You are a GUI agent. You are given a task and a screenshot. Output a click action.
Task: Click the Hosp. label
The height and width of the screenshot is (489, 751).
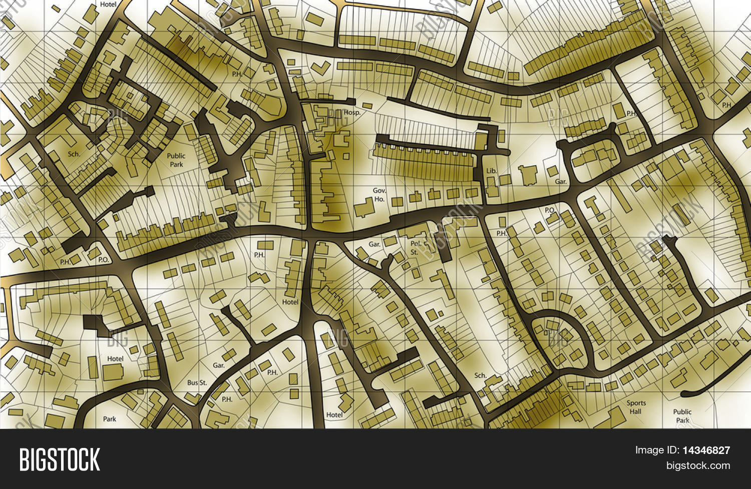click(x=352, y=113)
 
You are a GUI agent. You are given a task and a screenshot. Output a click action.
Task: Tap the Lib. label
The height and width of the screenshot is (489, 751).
click(x=491, y=171)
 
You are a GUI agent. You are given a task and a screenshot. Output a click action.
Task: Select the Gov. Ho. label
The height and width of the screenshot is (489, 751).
click(x=379, y=195)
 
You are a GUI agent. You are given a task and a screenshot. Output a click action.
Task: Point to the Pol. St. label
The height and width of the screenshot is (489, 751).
click(x=416, y=248)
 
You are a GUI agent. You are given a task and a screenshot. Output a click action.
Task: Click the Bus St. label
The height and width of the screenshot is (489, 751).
click(x=197, y=382)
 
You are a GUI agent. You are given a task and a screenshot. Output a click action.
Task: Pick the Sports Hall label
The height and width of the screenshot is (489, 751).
click(x=636, y=407)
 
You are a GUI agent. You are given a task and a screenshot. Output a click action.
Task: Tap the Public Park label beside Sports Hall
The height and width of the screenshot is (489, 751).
click(x=682, y=416)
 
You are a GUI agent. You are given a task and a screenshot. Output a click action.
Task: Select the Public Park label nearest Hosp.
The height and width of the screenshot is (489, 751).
click(x=176, y=160)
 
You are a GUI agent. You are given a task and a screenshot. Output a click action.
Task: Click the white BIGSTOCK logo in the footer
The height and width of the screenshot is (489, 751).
click(x=60, y=459)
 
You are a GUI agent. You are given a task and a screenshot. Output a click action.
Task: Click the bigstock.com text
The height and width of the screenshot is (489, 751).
click(x=697, y=465)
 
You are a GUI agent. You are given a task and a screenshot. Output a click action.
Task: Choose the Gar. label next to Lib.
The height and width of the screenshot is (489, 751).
click(x=560, y=182)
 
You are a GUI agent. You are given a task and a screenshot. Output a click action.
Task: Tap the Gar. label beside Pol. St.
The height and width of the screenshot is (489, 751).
click(x=374, y=244)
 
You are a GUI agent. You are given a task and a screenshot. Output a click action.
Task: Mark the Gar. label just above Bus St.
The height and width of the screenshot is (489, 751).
click(x=218, y=365)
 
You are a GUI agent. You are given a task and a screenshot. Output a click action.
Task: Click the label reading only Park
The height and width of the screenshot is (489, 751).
click(x=109, y=419)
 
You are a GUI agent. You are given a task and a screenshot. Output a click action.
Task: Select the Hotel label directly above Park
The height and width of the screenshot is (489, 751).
click(x=115, y=358)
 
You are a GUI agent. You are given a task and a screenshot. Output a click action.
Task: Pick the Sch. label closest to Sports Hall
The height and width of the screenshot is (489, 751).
click(x=480, y=375)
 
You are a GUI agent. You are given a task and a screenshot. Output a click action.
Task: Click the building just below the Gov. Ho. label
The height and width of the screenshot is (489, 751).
click(x=363, y=210)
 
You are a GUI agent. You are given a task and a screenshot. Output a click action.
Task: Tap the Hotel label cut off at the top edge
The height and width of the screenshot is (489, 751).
click(x=108, y=4)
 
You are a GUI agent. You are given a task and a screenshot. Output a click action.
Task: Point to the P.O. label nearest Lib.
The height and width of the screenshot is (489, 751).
click(x=549, y=210)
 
